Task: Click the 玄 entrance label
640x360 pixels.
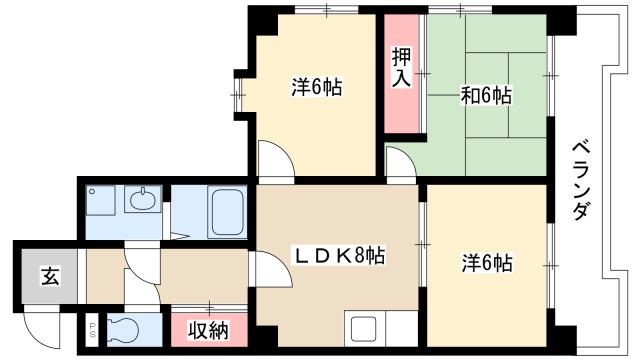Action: pos(49,277)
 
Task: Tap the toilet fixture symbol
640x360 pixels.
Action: pos(123,329)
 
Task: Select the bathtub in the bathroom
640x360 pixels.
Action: pos(229,211)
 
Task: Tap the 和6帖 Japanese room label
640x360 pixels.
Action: pos(486,96)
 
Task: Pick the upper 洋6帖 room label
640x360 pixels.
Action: pos(316,88)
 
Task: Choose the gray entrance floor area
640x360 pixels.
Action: pos(49,277)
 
